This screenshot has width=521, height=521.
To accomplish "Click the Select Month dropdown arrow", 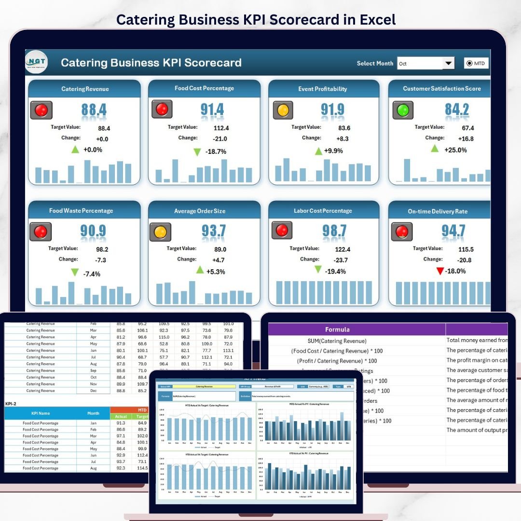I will pos(449,63).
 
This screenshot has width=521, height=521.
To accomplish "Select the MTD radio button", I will pos(469,63).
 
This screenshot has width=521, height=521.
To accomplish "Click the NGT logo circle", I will pos(37,62).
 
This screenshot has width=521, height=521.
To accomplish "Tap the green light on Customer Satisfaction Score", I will pos(403,110).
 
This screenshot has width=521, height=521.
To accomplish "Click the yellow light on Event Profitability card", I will pos(283,110).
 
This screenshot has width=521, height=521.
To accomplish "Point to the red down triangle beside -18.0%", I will pos(439,272).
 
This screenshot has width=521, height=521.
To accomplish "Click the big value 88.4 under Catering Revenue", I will pos(94,110).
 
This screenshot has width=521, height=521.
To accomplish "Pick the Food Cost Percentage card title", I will pos(204,88).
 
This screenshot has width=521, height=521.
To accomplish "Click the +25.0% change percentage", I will pos(455,150).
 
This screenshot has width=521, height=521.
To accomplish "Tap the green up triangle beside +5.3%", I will pos(200,270).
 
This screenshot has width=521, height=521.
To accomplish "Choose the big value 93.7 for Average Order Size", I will pos(214,232).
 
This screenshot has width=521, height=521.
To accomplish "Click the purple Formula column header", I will pos(338,329).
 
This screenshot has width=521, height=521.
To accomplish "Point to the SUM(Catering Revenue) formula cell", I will pos(337,341).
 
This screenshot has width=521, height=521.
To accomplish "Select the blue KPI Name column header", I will pos(41,413).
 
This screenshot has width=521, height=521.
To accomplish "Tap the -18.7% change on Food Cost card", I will pos(216,151).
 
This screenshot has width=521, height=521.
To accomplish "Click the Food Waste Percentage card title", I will pos(81,211).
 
